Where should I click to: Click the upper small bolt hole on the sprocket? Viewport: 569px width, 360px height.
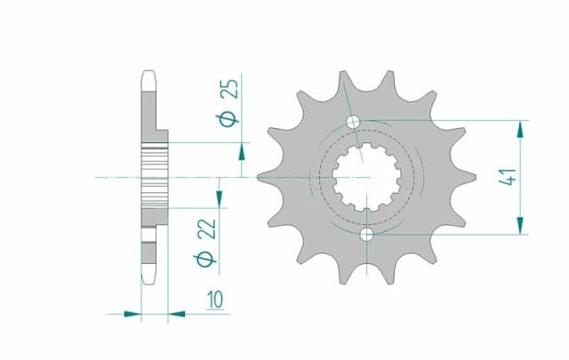pyautogui.click(x=355, y=122)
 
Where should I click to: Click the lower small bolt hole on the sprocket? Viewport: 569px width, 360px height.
pyautogui.click(x=367, y=235)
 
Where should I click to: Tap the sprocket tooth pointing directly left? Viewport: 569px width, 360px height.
pyautogui.click(x=264, y=178)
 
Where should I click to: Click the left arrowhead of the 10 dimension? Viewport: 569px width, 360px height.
pyautogui.click(x=133, y=313)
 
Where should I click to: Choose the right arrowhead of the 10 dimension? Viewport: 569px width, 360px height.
pyautogui.click(x=176, y=313)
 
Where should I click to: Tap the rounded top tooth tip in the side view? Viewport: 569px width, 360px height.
pyautogui.click(x=148, y=76)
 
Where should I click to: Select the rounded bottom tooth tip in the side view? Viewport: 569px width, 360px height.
pyautogui.click(x=148, y=279)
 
